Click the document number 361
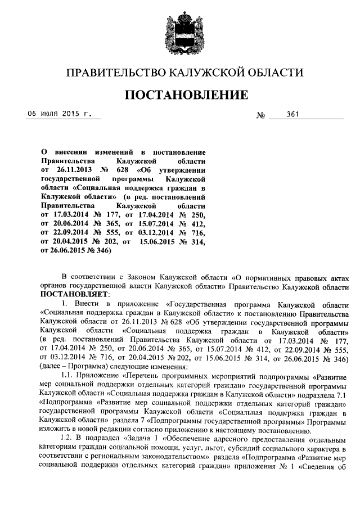(292, 115)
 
